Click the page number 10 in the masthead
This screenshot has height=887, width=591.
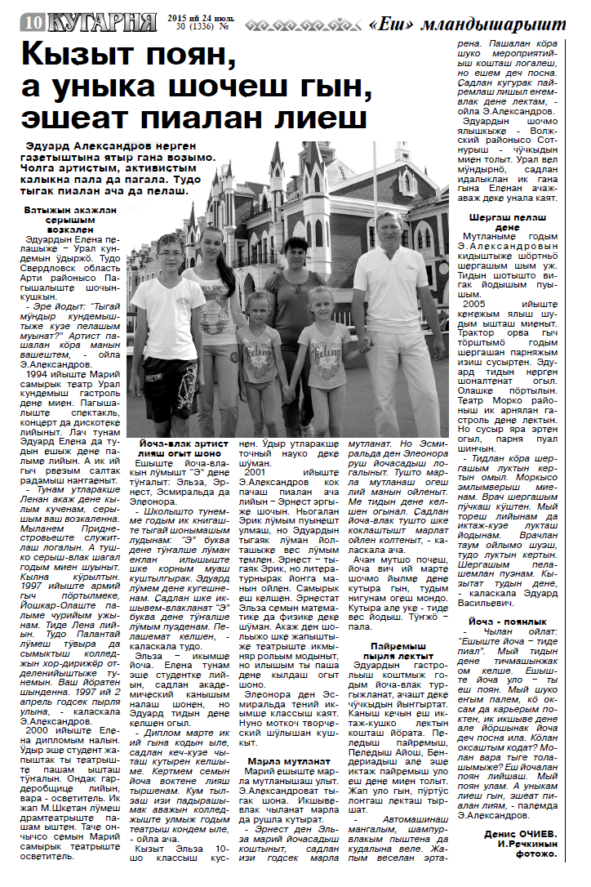[x=33, y=24]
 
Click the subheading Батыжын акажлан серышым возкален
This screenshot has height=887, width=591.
[x=69, y=220]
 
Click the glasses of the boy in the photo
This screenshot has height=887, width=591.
[x=170, y=253]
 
